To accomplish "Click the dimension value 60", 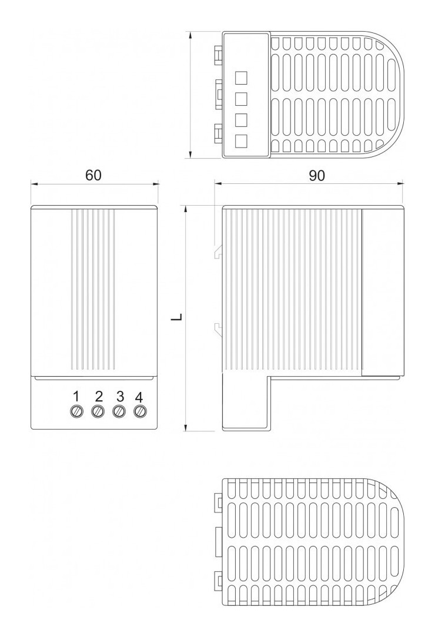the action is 93,175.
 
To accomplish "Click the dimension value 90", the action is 317,176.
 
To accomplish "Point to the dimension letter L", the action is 176,318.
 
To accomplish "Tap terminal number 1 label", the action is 76,396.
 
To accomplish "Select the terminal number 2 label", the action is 99,396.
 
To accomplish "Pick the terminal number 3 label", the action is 119,396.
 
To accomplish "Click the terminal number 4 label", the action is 139,396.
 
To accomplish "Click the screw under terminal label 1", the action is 76,411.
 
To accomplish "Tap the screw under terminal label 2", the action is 98,411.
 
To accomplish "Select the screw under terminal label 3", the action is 119,411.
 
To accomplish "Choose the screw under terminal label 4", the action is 140,411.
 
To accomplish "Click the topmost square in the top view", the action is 242,78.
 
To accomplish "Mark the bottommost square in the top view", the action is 242,140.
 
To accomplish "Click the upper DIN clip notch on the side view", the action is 219,251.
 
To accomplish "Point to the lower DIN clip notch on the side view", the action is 219,329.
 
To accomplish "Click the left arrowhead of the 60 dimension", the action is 34,184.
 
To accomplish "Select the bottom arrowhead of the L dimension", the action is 185,427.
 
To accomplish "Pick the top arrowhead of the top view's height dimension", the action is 190,35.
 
